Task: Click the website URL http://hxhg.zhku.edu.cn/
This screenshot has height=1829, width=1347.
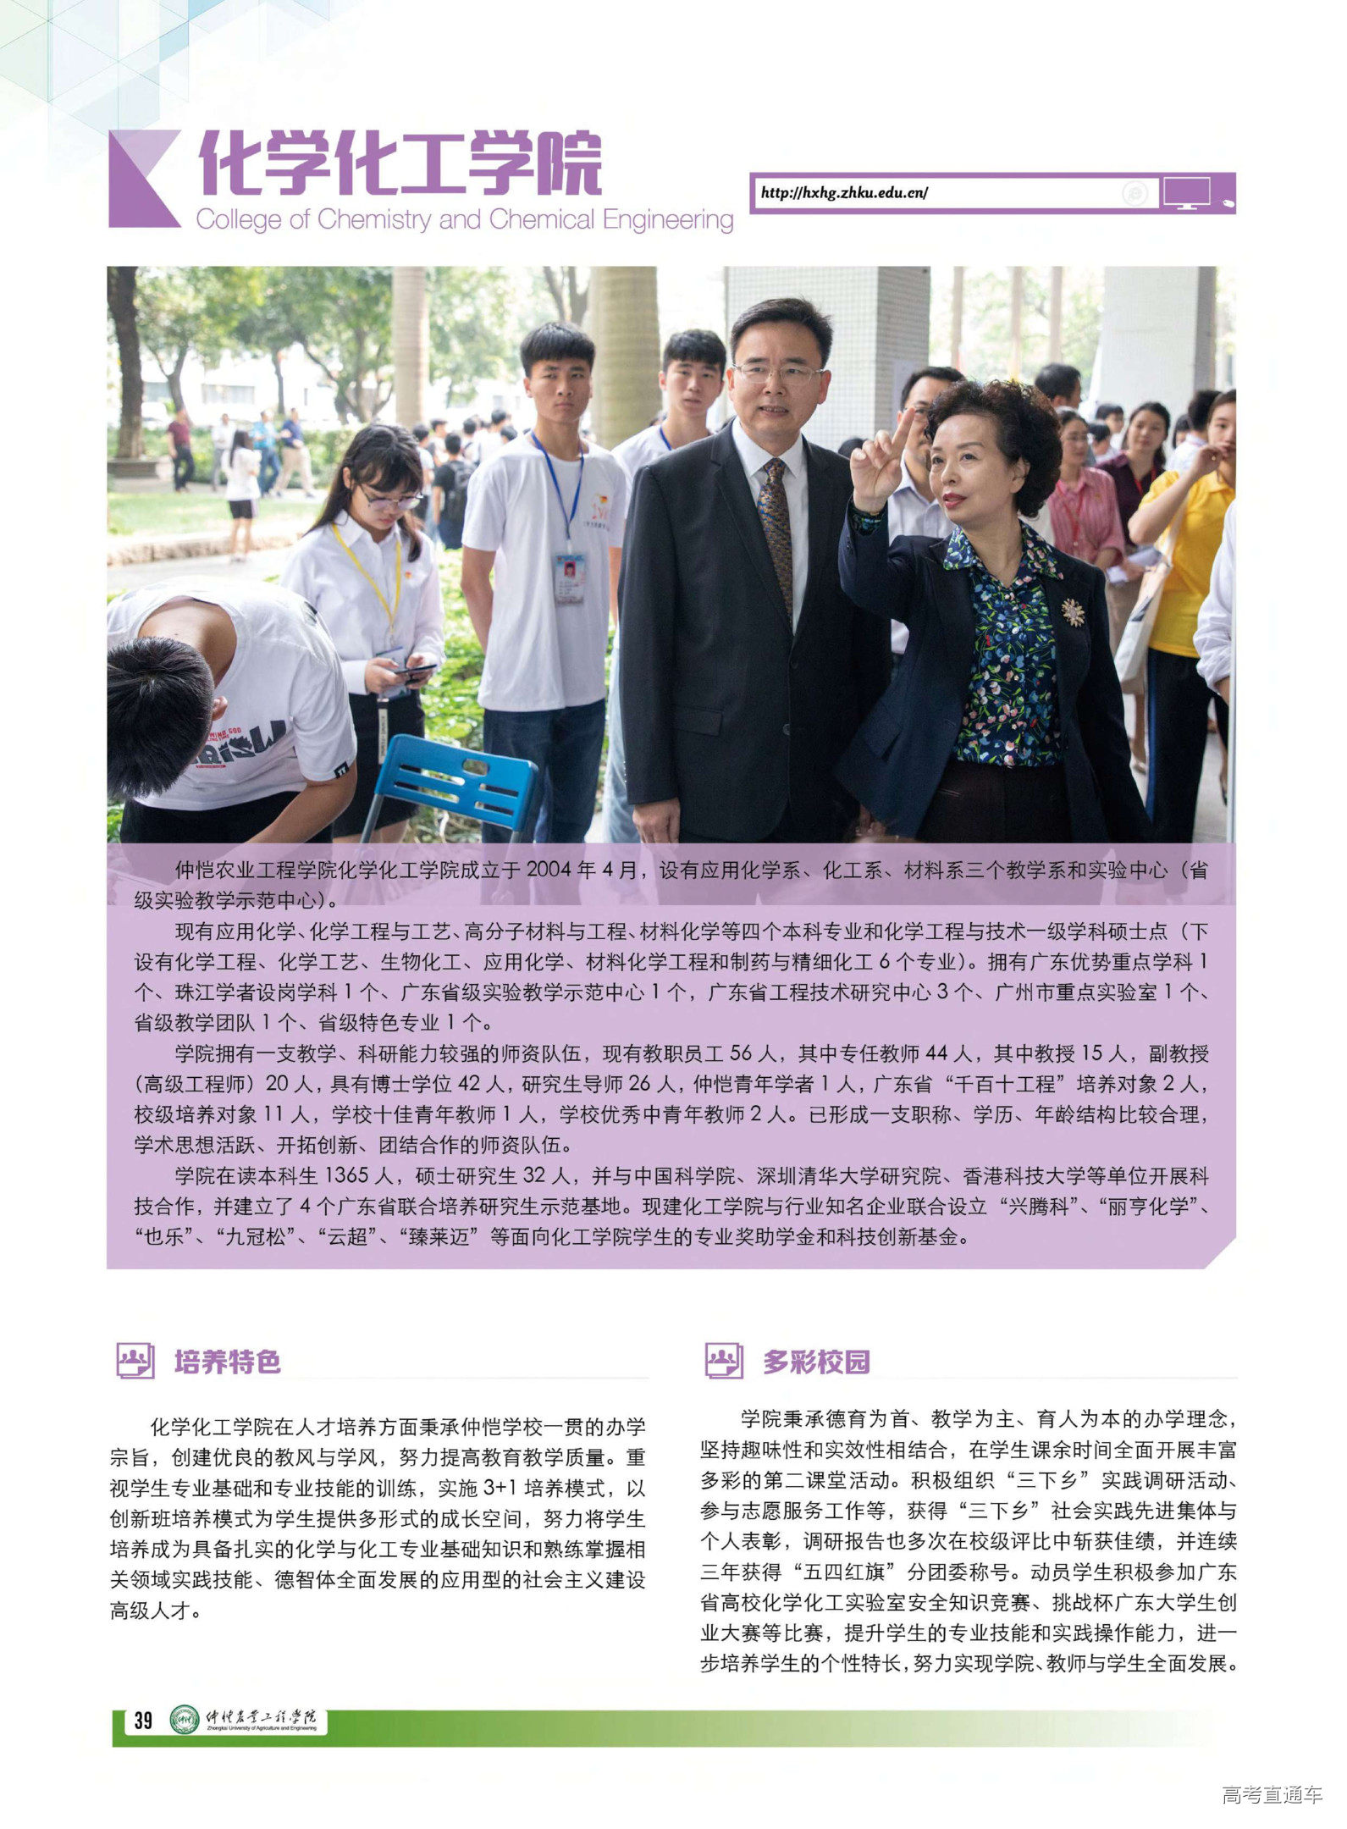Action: (x=843, y=193)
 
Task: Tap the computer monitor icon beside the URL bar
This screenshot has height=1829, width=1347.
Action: (x=1185, y=193)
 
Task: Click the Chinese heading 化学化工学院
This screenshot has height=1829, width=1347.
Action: (x=400, y=163)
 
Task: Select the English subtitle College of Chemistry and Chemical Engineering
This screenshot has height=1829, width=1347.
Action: (x=464, y=220)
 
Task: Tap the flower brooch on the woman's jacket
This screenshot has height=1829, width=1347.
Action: (x=1073, y=611)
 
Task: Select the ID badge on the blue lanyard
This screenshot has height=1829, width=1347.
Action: (x=570, y=577)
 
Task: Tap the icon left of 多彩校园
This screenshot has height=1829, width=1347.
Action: (x=724, y=1361)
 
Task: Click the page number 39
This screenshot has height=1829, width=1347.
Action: (x=143, y=1720)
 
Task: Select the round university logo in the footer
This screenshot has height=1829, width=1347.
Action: (x=185, y=1719)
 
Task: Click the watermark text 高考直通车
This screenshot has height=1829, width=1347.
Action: (x=1272, y=1794)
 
